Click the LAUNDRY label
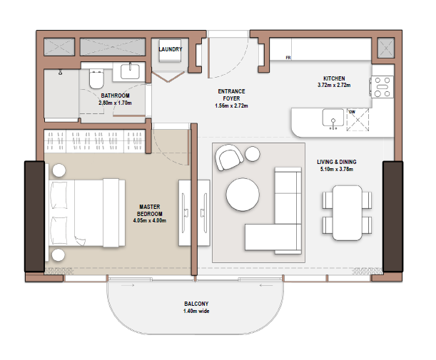pyautogui.click(x=170, y=49)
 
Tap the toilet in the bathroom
pyautogui.click(x=96, y=79)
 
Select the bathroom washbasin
pyautogui.click(x=130, y=71)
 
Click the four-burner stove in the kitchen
pyautogui.click(x=382, y=87)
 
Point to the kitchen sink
pyautogui.click(x=333, y=118)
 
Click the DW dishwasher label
pyautogui.click(x=352, y=112)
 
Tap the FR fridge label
pyautogui.click(x=288, y=58)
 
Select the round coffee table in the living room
pyautogui.click(x=243, y=195)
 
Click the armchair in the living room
pyautogui.click(x=229, y=158)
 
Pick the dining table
pyautogui.click(x=348, y=212)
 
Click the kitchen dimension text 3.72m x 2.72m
pyautogui.click(x=334, y=86)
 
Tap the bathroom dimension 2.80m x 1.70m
pyautogui.click(x=115, y=103)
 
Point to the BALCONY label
pyautogui.click(x=196, y=304)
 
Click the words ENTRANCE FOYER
pyautogui.click(x=231, y=95)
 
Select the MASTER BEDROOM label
pyautogui.click(x=150, y=210)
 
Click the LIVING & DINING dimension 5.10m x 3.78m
pyautogui.click(x=336, y=169)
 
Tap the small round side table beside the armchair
pyautogui.click(x=253, y=153)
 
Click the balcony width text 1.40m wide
pyautogui.click(x=196, y=311)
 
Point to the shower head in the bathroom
pyautogui.click(x=60, y=73)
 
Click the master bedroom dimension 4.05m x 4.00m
pyautogui.click(x=150, y=221)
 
